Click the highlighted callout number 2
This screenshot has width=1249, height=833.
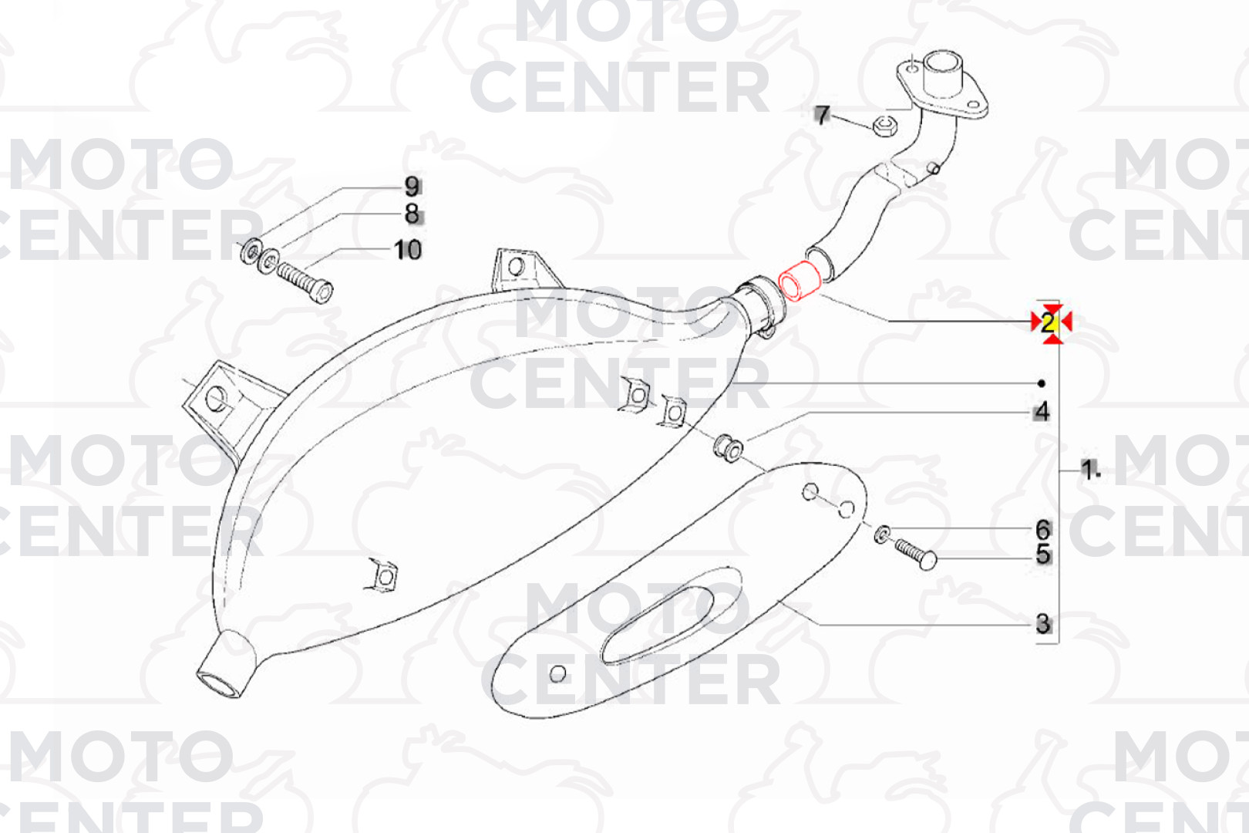click(x=1049, y=323)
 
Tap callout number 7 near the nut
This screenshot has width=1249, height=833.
click(x=823, y=116)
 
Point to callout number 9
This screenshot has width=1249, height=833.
click(x=412, y=187)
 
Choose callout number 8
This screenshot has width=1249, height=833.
click(x=412, y=213)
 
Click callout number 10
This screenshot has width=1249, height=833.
click(x=408, y=249)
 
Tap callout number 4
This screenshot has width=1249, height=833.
click(x=1042, y=412)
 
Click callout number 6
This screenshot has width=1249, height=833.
click(x=1042, y=528)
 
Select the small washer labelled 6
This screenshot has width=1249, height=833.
click(x=882, y=534)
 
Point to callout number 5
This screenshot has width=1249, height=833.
click(x=1042, y=554)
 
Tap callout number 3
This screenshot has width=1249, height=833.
click(x=1042, y=623)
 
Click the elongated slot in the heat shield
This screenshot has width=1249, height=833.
click(x=658, y=626)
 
